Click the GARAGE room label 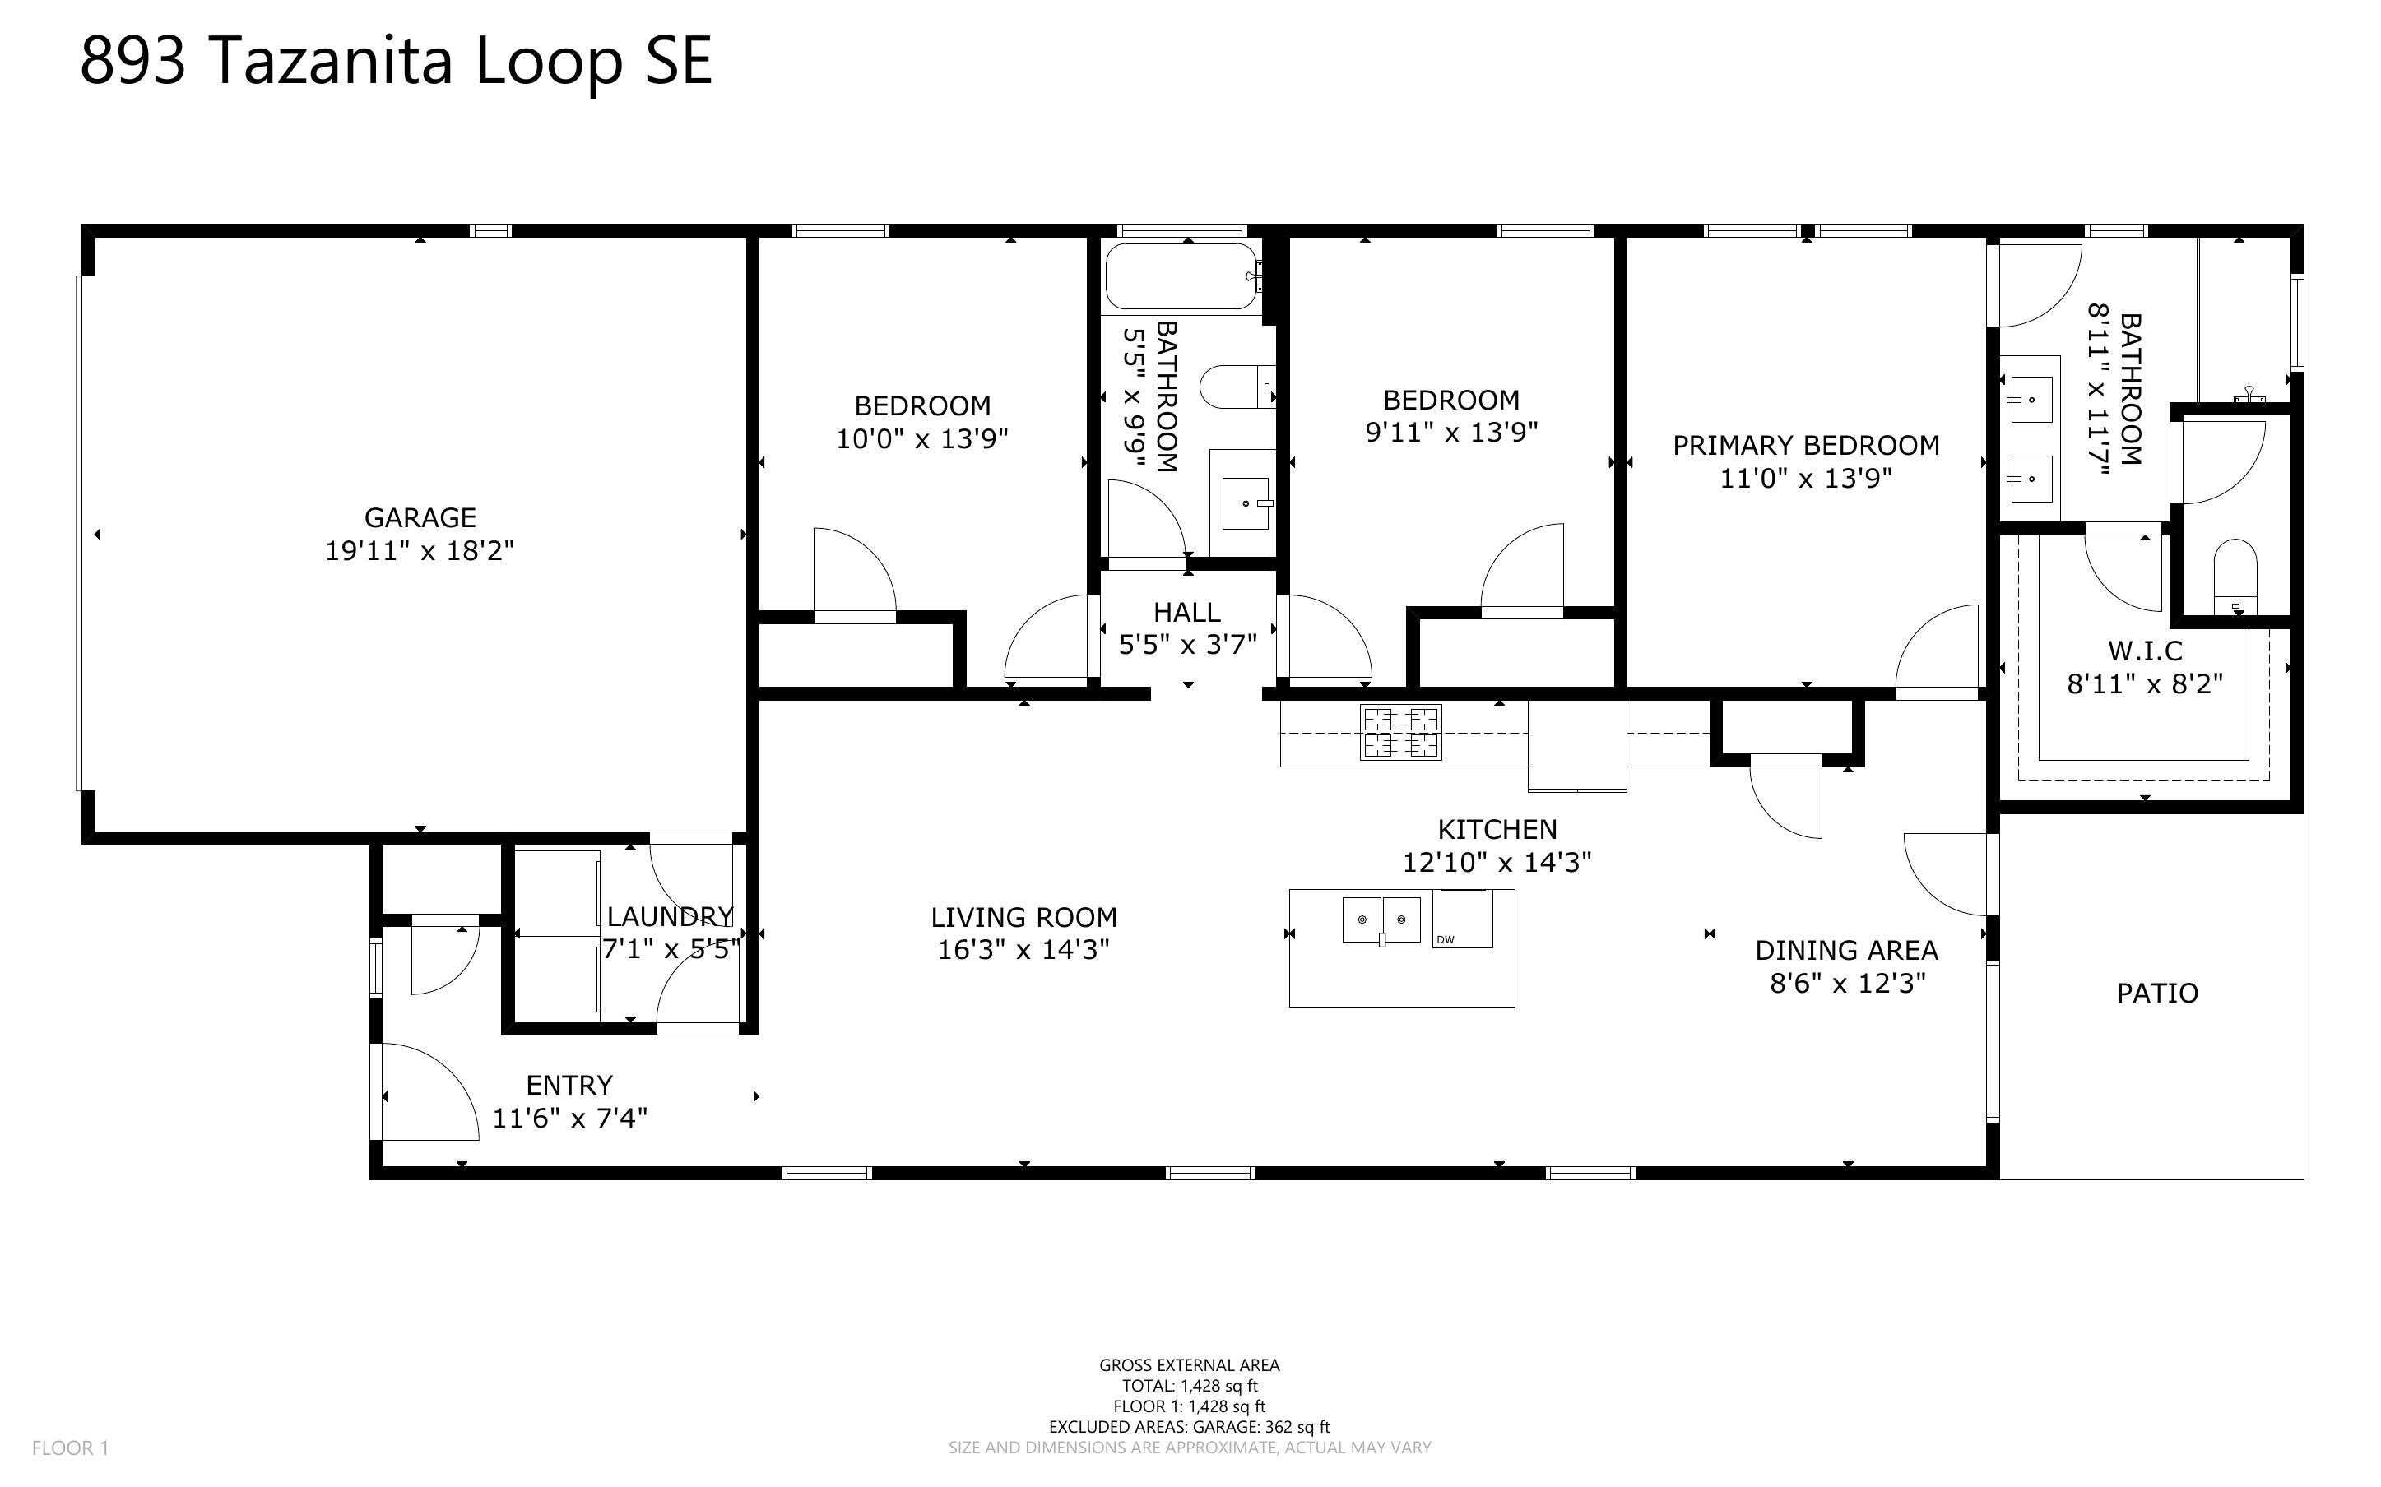[x=420, y=517]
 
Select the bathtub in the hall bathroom [x=1181, y=276]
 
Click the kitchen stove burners [x=1400, y=733]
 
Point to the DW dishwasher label [x=1445, y=940]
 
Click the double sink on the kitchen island [x=1382, y=920]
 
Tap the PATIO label [x=2156, y=994]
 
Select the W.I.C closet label [x=2145, y=651]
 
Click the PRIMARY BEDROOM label [x=1807, y=446]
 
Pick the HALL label [x=1187, y=613]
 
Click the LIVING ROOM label [x=1023, y=918]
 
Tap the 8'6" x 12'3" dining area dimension [x=1847, y=984]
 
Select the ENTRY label [x=569, y=1086]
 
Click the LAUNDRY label [x=670, y=916]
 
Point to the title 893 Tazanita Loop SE [x=396, y=60]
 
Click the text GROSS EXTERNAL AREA [x=1189, y=1365]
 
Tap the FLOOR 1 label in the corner [x=70, y=1448]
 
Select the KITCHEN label [x=1497, y=829]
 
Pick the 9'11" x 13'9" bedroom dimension [x=1451, y=432]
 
